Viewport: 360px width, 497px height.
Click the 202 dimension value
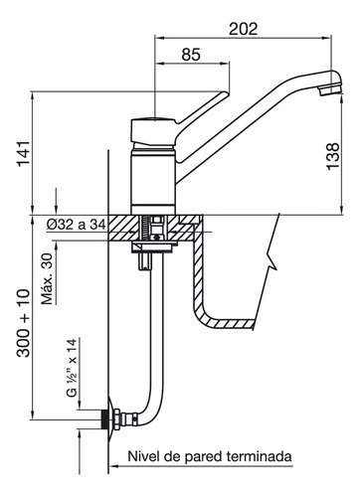(x=243, y=29)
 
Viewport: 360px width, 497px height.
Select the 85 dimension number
(x=191, y=55)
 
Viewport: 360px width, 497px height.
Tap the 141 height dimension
(x=24, y=154)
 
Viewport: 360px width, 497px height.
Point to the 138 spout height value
(x=333, y=156)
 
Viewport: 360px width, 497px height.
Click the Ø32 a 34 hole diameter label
(x=76, y=225)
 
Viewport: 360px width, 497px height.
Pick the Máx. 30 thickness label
(x=48, y=278)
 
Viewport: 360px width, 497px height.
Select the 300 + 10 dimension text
(x=23, y=323)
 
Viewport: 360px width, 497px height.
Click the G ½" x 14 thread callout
(x=72, y=368)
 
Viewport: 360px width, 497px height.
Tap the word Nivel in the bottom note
(x=143, y=456)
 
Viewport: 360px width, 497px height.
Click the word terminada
(x=260, y=456)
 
